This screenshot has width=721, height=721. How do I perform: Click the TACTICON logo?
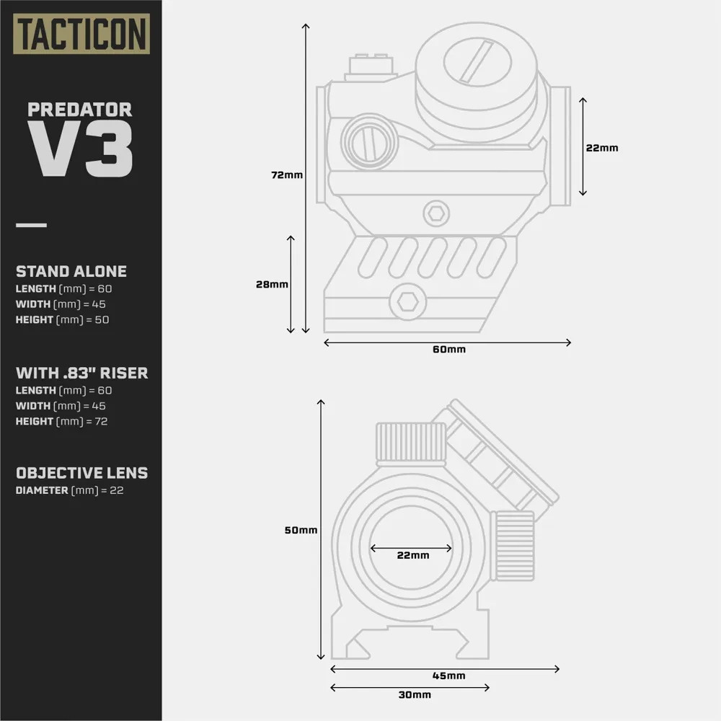pyautogui.click(x=82, y=33)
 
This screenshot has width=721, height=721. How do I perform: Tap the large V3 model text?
pyautogui.click(x=80, y=150)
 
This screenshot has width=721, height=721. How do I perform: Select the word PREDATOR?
pyautogui.click(x=80, y=110)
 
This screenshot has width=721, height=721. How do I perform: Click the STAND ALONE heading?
pyautogui.click(x=71, y=272)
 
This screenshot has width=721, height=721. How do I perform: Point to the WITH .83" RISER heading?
pyautogui.click(x=81, y=373)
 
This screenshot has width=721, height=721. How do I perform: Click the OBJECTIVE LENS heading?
pyautogui.click(x=81, y=473)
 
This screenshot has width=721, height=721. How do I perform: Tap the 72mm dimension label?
pyautogui.click(x=287, y=175)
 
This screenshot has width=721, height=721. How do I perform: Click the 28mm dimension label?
pyautogui.click(x=272, y=284)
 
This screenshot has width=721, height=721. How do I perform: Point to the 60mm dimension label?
pyautogui.click(x=448, y=350)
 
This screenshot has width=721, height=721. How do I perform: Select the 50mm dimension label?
pyautogui.click(x=301, y=530)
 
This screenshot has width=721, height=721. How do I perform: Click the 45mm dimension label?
pyautogui.click(x=448, y=676)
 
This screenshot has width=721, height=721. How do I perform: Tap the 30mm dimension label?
pyautogui.click(x=414, y=694)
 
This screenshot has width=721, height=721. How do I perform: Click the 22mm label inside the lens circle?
pyautogui.click(x=412, y=555)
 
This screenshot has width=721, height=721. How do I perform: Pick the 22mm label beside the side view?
pyautogui.click(x=601, y=148)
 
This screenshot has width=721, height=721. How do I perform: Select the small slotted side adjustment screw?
pyautogui.click(x=368, y=141)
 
